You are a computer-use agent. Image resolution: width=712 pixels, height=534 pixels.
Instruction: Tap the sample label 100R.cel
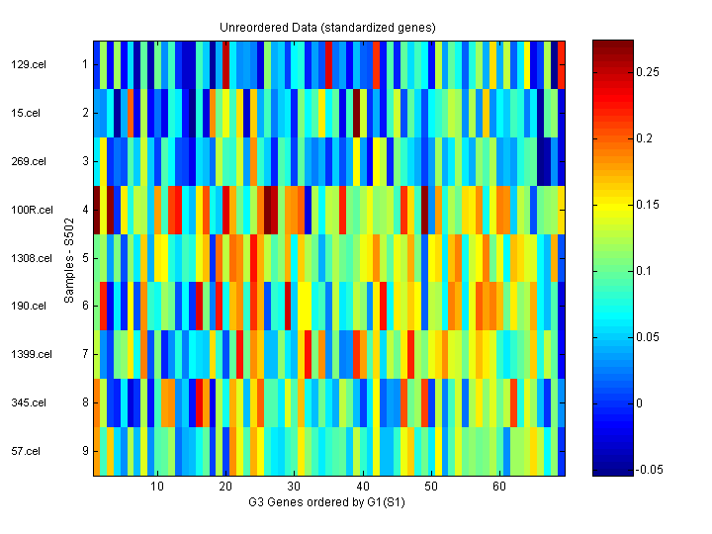pyautogui.click(x=27, y=210)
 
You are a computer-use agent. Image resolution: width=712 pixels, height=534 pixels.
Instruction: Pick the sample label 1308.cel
pyautogui.click(x=27, y=258)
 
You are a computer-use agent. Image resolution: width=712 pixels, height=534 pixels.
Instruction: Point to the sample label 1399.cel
pyautogui.click(x=27, y=354)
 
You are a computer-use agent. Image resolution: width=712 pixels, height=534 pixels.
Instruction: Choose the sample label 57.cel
pyautogui.click(x=25, y=451)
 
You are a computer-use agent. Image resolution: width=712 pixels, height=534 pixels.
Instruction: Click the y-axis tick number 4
pyautogui.click(x=85, y=210)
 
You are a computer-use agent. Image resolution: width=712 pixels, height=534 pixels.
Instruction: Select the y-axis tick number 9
pyautogui.click(x=85, y=451)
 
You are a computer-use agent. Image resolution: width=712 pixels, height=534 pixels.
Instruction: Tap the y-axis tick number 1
pyautogui.click(x=85, y=65)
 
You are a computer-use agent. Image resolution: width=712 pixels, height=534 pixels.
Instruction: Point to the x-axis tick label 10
pyautogui.click(x=156, y=488)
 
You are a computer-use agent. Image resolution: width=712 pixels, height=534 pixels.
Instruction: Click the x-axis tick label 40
pyautogui.click(x=363, y=488)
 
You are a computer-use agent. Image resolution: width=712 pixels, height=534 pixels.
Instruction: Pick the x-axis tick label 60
pyautogui.click(x=500, y=488)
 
